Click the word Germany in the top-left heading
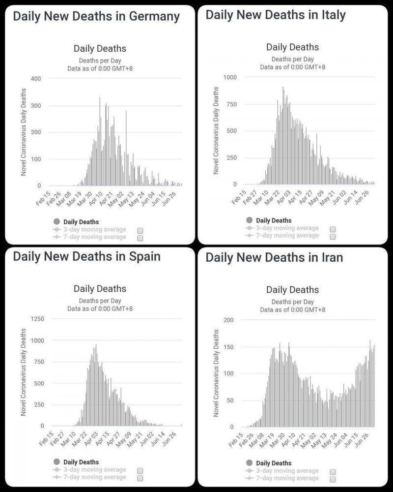pyautogui.click(x=154, y=16)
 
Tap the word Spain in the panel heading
pyautogui.click(x=143, y=256)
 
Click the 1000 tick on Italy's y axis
pyautogui.click(x=229, y=77)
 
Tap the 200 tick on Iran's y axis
pyautogui.click(x=229, y=320)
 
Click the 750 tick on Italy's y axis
pyautogui.click(x=231, y=104)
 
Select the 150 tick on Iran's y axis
pyautogui.click(x=229, y=347)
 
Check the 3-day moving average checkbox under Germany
pyautogui.click(x=140, y=230)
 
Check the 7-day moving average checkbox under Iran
pyautogui.click(x=333, y=479)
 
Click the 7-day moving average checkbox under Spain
pyautogui.click(x=140, y=478)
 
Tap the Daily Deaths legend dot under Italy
pyautogui.click(x=249, y=220)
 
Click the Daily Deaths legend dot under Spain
pyautogui.click(x=56, y=462)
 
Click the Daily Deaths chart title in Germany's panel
pyautogui.click(x=100, y=48)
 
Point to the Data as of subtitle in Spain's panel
pyautogui.click(x=100, y=309)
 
